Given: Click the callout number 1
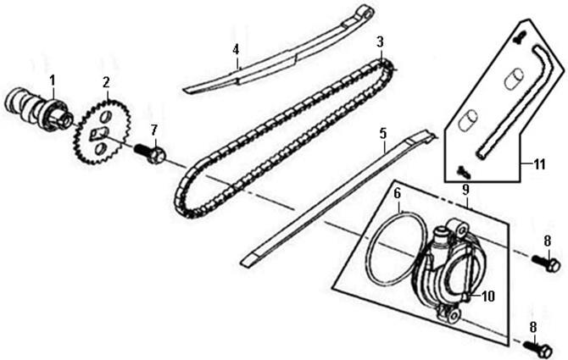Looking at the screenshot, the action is (x=53, y=80).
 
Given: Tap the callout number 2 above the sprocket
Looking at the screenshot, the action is (x=106, y=82).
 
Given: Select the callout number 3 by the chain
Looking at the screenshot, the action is (x=380, y=42).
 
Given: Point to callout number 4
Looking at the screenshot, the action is (x=236, y=49).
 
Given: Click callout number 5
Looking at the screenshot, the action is (x=383, y=134).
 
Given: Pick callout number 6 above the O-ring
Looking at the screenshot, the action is (x=398, y=194).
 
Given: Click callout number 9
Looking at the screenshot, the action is (x=465, y=189).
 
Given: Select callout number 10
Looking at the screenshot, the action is (x=488, y=296).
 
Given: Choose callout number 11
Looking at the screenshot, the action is (x=540, y=164).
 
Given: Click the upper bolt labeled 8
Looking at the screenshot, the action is (x=546, y=263).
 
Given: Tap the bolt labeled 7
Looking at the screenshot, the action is (x=150, y=153).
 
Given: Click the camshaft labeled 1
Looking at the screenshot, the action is (x=39, y=110).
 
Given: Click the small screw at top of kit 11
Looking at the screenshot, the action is (x=520, y=37).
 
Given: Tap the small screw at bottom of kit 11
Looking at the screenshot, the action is (x=464, y=171).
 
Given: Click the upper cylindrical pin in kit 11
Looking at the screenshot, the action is (x=514, y=80).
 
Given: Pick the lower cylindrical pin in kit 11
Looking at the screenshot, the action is (x=468, y=119).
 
